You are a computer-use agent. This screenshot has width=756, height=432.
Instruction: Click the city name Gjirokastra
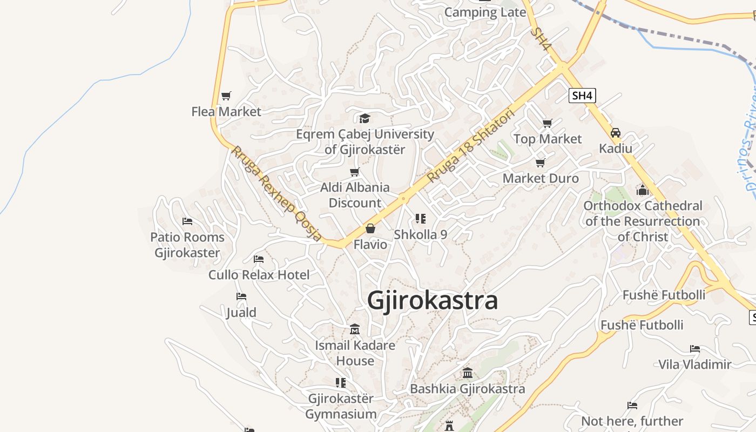(432, 300)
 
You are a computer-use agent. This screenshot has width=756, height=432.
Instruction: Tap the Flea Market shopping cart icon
(226, 96)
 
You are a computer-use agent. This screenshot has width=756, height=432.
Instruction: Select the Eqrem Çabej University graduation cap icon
(364, 118)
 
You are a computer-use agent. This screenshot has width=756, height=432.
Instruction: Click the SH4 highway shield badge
(583, 96)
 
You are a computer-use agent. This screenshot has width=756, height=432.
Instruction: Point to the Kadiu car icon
(616, 133)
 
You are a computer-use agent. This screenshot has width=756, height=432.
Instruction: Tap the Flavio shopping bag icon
(370, 229)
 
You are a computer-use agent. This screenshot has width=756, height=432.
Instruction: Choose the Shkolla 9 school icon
(420, 219)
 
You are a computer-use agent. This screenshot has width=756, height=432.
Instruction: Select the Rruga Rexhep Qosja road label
(276, 193)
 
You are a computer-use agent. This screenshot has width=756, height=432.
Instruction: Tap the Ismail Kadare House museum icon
(355, 329)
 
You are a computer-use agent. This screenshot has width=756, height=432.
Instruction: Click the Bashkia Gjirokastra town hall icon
(468, 373)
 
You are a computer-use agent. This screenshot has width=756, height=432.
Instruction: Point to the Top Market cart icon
(548, 124)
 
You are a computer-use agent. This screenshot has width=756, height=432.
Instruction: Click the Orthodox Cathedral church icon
(643, 190)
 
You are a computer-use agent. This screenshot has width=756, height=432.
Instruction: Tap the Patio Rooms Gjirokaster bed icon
(187, 221)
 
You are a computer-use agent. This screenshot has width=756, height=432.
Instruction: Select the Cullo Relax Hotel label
(259, 275)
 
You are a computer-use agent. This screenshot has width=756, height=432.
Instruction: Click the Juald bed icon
(241, 296)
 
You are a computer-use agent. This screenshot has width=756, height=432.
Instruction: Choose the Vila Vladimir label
(694, 364)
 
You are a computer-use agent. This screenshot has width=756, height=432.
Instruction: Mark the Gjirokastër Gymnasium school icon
(341, 383)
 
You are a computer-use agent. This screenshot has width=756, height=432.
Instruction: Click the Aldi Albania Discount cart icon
(355, 172)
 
